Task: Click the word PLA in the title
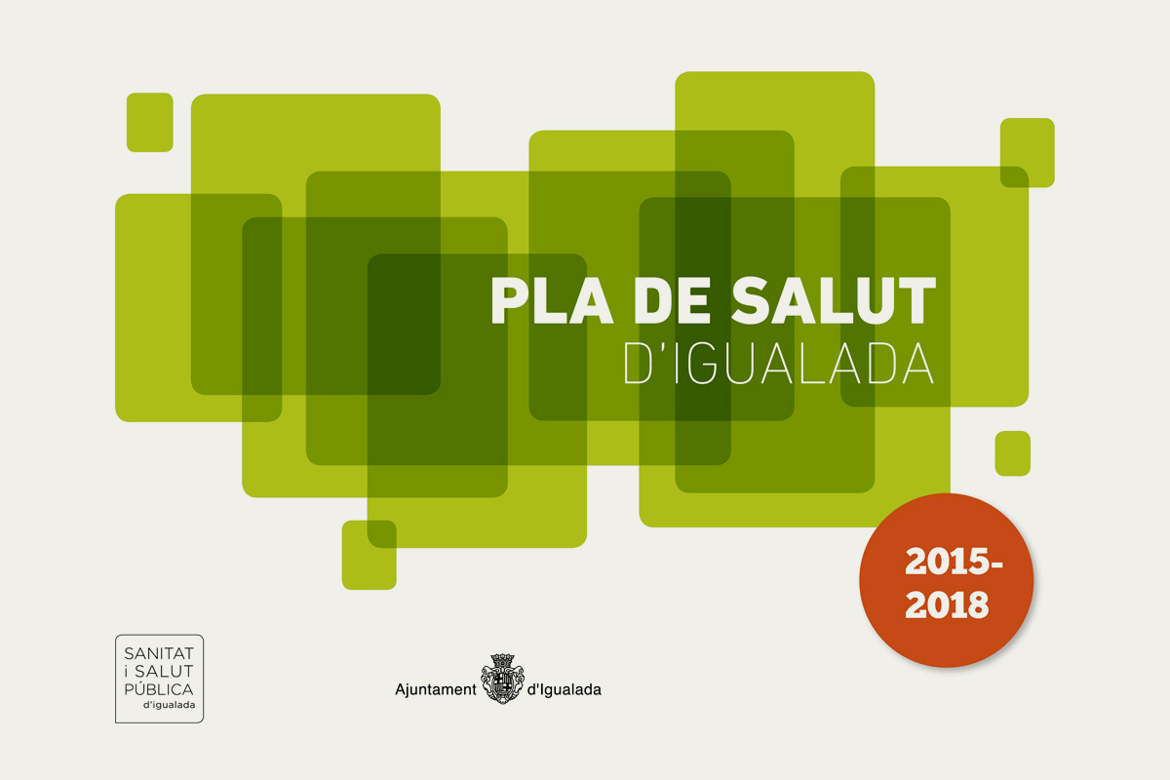[x=552, y=301]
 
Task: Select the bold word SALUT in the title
[x=834, y=301]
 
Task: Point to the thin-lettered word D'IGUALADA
[x=779, y=364]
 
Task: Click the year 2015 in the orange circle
[x=947, y=563]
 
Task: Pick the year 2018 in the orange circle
[x=947, y=604]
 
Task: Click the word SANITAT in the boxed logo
[x=159, y=653]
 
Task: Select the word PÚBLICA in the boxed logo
[x=159, y=688]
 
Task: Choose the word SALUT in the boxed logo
[x=164, y=672]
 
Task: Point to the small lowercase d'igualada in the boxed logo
[x=170, y=705]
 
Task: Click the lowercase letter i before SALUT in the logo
[x=127, y=672]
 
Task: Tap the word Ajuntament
[x=436, y=690]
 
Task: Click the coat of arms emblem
[x=502, y=679]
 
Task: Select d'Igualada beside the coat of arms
[x=565, y=690]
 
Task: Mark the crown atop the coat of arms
[x=502, y=660]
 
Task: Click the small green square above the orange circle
[x=1013, y=453]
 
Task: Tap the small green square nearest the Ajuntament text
[x=370, y=555]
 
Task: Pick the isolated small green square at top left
[x=150, y=122]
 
